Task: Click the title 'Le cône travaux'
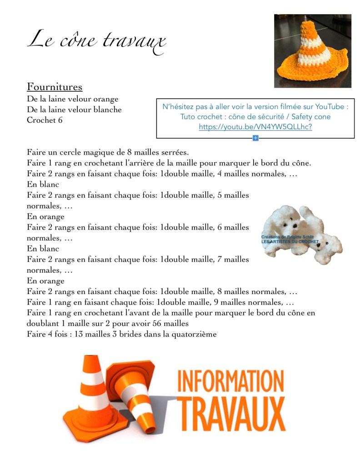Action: click(96, 41)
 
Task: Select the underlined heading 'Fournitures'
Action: click(54, 86)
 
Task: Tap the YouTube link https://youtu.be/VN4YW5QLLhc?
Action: click(255, 127)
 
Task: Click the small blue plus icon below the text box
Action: click(255, 138)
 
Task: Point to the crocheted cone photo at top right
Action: click(312, 50)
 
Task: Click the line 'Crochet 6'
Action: click(45, 120)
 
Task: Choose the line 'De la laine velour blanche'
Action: click(74, 110)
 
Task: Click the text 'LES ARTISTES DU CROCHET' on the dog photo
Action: click(290, 242)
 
